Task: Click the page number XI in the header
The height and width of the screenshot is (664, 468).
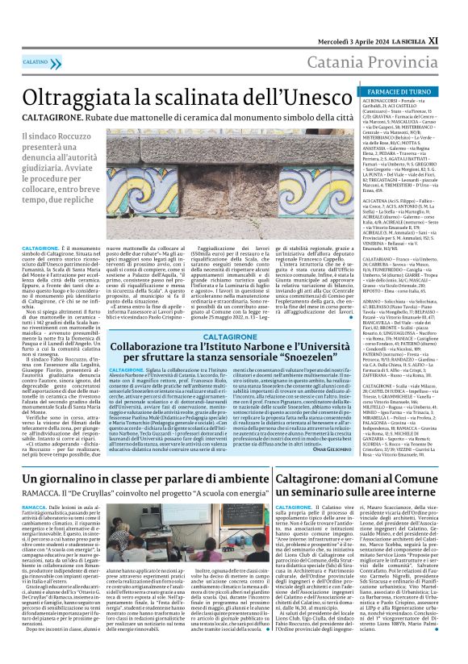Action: [x=456, y=16]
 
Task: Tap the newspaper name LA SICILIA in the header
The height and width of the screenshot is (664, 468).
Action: [x=423, y=16]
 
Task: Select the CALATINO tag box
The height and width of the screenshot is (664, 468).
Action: [x=35, y=61]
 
